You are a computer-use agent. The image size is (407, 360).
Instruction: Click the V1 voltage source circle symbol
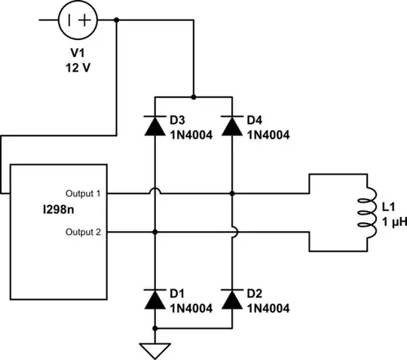point(79,21)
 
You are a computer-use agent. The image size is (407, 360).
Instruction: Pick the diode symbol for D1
point(155,300)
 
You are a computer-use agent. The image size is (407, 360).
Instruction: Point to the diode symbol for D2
point(232,300)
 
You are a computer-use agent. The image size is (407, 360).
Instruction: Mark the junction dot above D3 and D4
point(194,97)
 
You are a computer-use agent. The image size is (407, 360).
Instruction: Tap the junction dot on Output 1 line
point(232,194)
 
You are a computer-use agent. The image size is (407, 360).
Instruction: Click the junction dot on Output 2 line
point(155,233)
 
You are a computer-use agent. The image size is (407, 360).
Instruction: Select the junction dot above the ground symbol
point(155,329)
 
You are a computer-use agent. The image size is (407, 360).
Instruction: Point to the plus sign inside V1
point(86,21)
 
